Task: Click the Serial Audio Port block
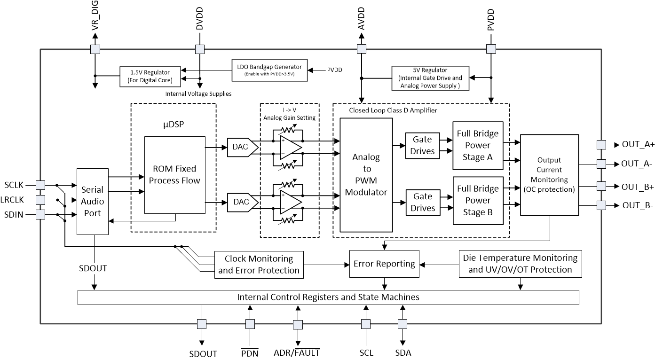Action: coord(92,202)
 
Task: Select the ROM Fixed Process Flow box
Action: coord(174,174)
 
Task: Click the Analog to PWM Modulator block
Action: coord(366,175)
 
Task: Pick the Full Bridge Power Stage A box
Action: coord(478,145)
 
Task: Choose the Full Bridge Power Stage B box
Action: coord(478,200)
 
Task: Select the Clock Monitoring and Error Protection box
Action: coord(259,264)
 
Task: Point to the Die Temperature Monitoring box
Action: coord(520,264)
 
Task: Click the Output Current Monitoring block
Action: coord(549,175)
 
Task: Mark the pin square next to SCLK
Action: coord(40,185)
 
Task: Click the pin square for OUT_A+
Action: coord(600,145)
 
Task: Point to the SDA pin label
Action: coord(402,352)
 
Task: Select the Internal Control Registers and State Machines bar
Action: coord(328,297)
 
